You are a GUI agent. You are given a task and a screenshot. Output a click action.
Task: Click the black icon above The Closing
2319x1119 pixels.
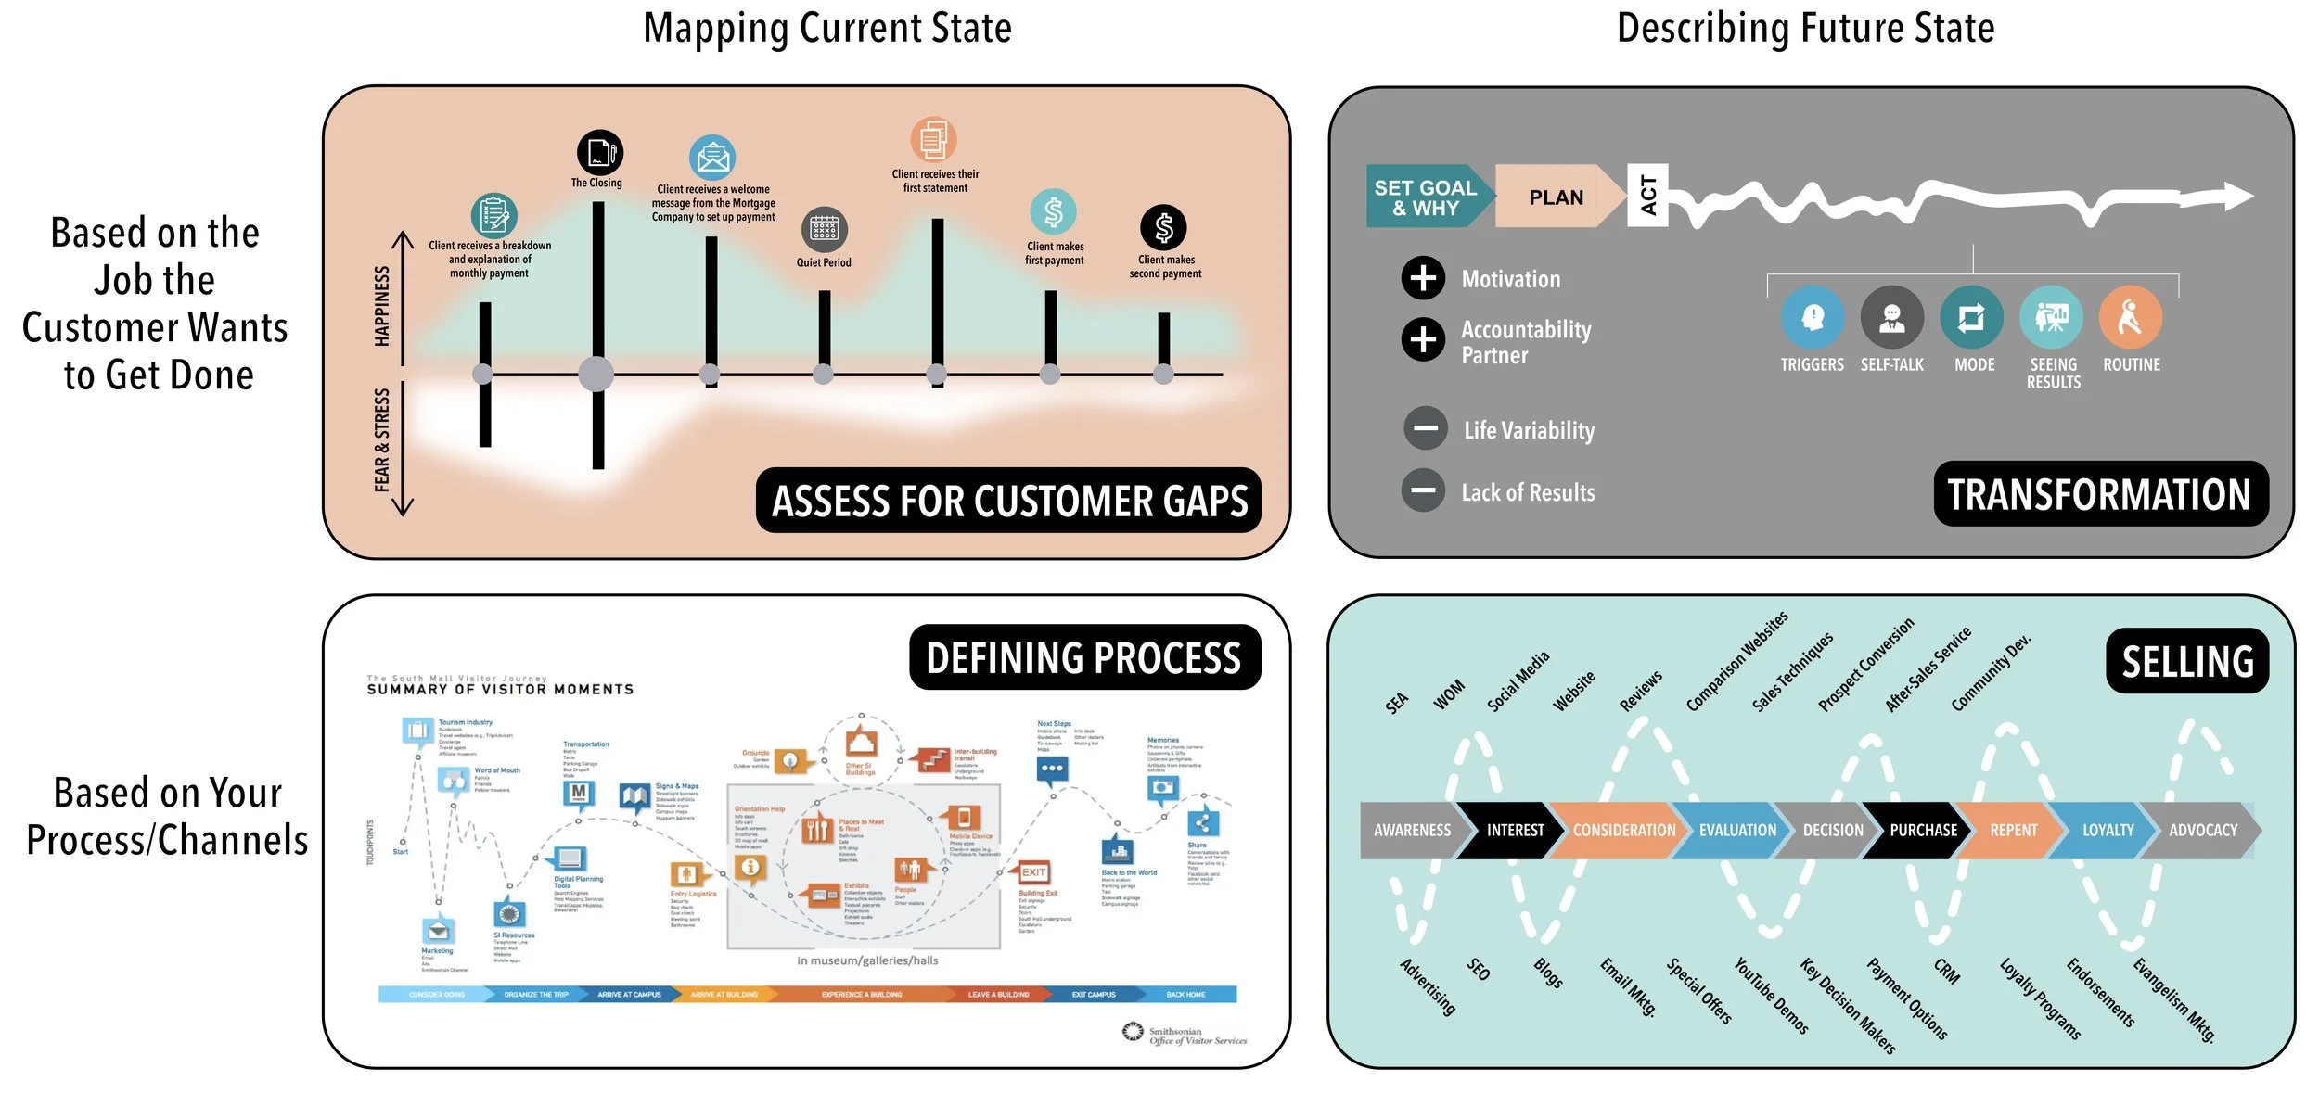pyautogui.click(x=599, y=153)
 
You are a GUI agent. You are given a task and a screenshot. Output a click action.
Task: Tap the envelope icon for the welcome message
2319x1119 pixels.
pyautogui.click(x=711, y=159)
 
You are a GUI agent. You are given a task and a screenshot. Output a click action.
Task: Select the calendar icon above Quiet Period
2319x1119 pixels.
pyautogui.click(x=823, y=229)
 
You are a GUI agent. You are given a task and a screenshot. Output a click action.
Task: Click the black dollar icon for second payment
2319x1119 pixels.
pyautogui.click(x=1163, y=227)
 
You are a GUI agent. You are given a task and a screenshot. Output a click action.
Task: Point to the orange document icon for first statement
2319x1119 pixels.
pyautogui.click(x=933, y=140)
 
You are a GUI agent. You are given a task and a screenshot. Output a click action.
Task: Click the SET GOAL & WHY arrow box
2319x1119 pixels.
pyautogui.click(x=1426, y=197)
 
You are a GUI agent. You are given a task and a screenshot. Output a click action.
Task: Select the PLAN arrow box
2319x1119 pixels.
pyautogui.click(x=1556, y=197)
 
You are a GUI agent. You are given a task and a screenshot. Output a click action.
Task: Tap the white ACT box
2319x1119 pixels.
pyautogui.click(x=1647, y=196)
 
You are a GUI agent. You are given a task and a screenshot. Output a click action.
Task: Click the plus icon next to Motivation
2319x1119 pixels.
pyautogui.click(x=1423, y=278)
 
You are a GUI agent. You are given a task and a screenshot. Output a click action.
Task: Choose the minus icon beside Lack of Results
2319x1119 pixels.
pyautogui.click(x=1423, y=490)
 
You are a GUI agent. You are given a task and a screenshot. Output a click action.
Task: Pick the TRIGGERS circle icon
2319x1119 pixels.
pyautogui.click(x=1812, y=318)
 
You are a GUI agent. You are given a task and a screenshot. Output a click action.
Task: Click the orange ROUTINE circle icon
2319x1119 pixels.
pyautogui.click(x=2130, y=318)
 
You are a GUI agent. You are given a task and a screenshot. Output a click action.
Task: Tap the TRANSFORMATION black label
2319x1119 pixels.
pyautogui.click(x=2099, y=494)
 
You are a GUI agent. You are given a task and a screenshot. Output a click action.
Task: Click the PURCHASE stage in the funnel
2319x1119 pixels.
pyautogui.click(x=1922, y=831)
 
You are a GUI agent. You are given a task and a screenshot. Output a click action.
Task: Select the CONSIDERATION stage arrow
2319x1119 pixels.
pyautogui.click(x=1623, y=831)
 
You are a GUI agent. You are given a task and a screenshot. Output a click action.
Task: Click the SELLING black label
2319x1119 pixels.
pyautogui.click(x=2186, y=662)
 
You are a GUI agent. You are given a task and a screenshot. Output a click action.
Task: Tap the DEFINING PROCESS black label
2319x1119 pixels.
pyautogui.click(x=1083, y=658)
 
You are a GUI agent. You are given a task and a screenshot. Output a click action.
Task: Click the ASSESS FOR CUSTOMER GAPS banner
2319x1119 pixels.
pyautogui.click(x=1009, y=502)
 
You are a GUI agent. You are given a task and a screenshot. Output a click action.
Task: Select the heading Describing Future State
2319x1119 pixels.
pyautogui.click(x=1805, y=29)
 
